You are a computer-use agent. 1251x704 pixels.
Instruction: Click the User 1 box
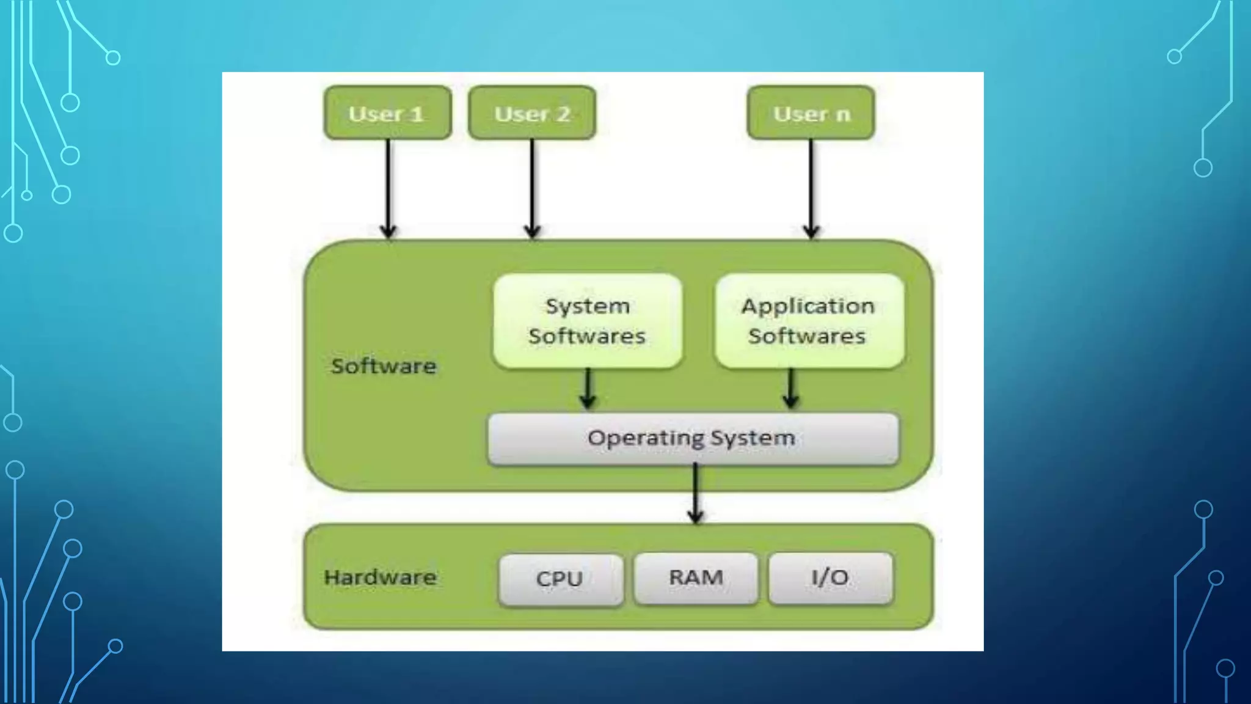tap(387, 113)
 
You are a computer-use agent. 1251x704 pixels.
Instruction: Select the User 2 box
tap(532, 113)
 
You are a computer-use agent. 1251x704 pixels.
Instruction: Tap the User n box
tap(811, 113)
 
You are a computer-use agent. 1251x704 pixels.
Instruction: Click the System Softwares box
tap(587, 321)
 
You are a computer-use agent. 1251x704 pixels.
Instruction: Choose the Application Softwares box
tap(809, 321)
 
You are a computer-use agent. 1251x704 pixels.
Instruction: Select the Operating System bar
tap(693, 438)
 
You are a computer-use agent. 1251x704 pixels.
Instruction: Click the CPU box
tap(560, 578)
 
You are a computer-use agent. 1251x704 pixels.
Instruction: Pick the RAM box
tap(696, 577)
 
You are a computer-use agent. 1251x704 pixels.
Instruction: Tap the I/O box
tap(830, 577)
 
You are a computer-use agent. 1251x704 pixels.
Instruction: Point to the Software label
tap(384, 366)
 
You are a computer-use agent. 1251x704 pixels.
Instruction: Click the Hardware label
tap(380, 577)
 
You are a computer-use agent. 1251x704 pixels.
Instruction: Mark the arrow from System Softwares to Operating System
tap(588, 389)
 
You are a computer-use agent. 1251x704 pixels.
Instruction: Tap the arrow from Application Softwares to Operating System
tap(790, 389)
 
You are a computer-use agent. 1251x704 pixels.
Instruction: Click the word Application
tap(808, 306)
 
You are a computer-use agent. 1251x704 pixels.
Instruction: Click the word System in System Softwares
tap(587, 306)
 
